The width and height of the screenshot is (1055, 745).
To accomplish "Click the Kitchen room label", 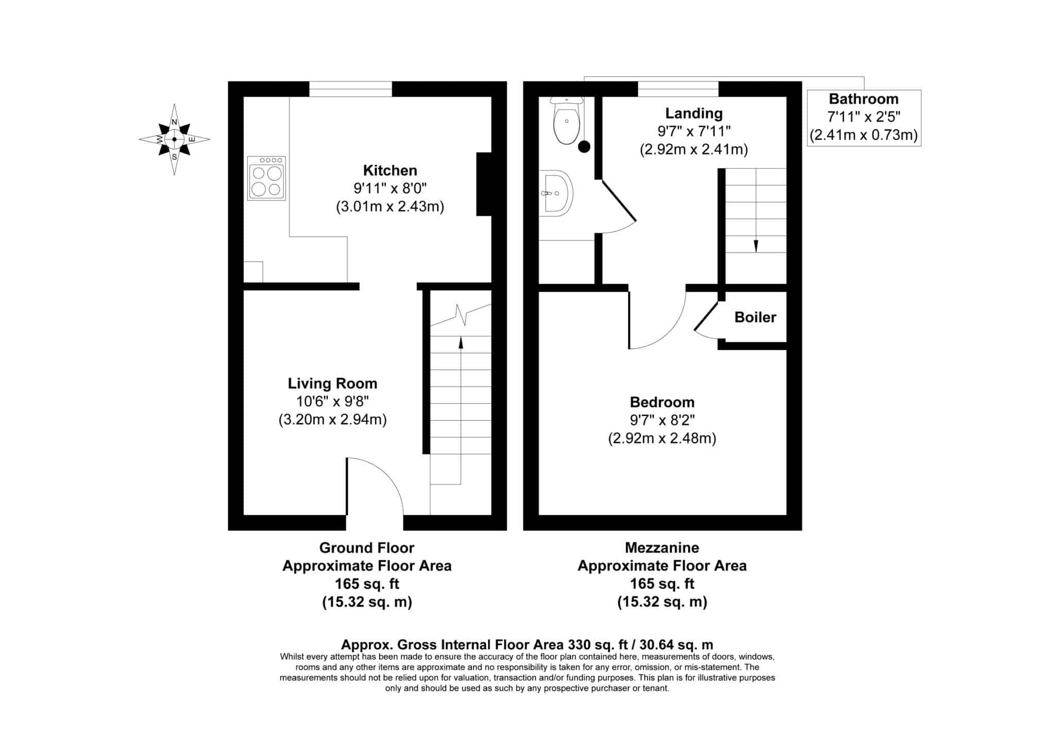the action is [x=390, y=170].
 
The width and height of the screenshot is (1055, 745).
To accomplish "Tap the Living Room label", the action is [x=332, y=384].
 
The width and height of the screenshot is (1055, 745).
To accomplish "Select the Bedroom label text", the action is [x=662, y=402].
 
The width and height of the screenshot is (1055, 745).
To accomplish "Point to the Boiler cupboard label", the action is [x=755, y=317].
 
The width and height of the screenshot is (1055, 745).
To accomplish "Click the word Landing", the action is [x=694, y=114].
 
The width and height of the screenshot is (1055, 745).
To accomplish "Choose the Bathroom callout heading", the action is [x=863, y=99].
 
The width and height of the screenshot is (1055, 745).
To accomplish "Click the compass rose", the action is [x=174, y=139].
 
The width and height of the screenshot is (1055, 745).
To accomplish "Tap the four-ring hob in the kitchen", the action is [x=266, y=178].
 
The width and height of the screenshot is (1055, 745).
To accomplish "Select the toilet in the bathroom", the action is [x=566, y=120].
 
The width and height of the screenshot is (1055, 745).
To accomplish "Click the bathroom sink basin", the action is [x=556, y=193].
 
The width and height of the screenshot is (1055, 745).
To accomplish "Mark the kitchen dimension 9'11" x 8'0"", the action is [x=390, y=188].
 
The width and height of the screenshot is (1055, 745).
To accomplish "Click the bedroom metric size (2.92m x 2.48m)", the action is [x=662, y=438].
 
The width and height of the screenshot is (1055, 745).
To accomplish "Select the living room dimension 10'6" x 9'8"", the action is [x=332, y=401].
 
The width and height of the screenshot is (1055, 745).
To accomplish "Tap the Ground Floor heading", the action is [x=367, y=547].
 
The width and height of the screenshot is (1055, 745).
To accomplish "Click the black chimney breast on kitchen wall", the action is [x=484, y=184].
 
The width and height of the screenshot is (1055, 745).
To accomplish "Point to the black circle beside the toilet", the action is [x=584, y=147].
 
